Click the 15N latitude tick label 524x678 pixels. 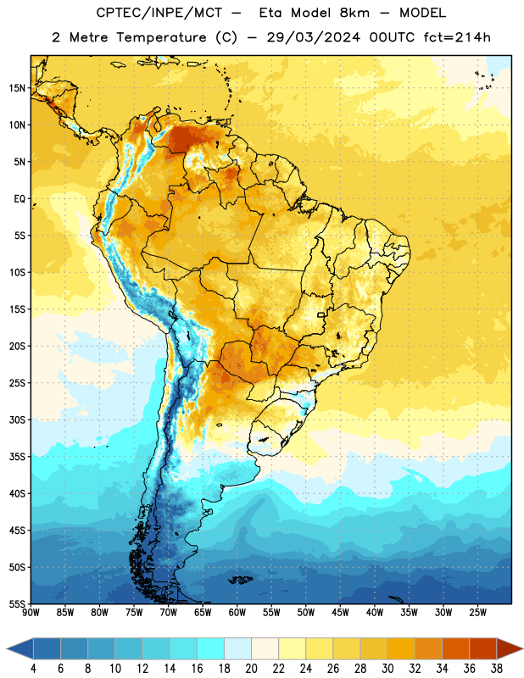tap(17, 88)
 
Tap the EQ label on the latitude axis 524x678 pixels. tap(20, 199)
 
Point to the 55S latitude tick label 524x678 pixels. tap(17, 603)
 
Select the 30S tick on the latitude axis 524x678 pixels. tap(17, 420)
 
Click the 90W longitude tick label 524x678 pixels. tap(31, 613)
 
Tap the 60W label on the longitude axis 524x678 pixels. tap(237, 613)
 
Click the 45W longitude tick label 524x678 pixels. tap(340, 613)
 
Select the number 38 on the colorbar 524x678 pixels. tap(497, 669)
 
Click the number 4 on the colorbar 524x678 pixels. tap(33, 669)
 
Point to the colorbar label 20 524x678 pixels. tap(251, 669)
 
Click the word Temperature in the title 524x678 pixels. tap(161, 37)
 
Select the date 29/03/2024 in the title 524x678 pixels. tap(313, 37)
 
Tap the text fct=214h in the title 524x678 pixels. tap(457, 37)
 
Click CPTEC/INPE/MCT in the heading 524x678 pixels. tap(159, 13)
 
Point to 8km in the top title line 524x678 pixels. tap(354, 13)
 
